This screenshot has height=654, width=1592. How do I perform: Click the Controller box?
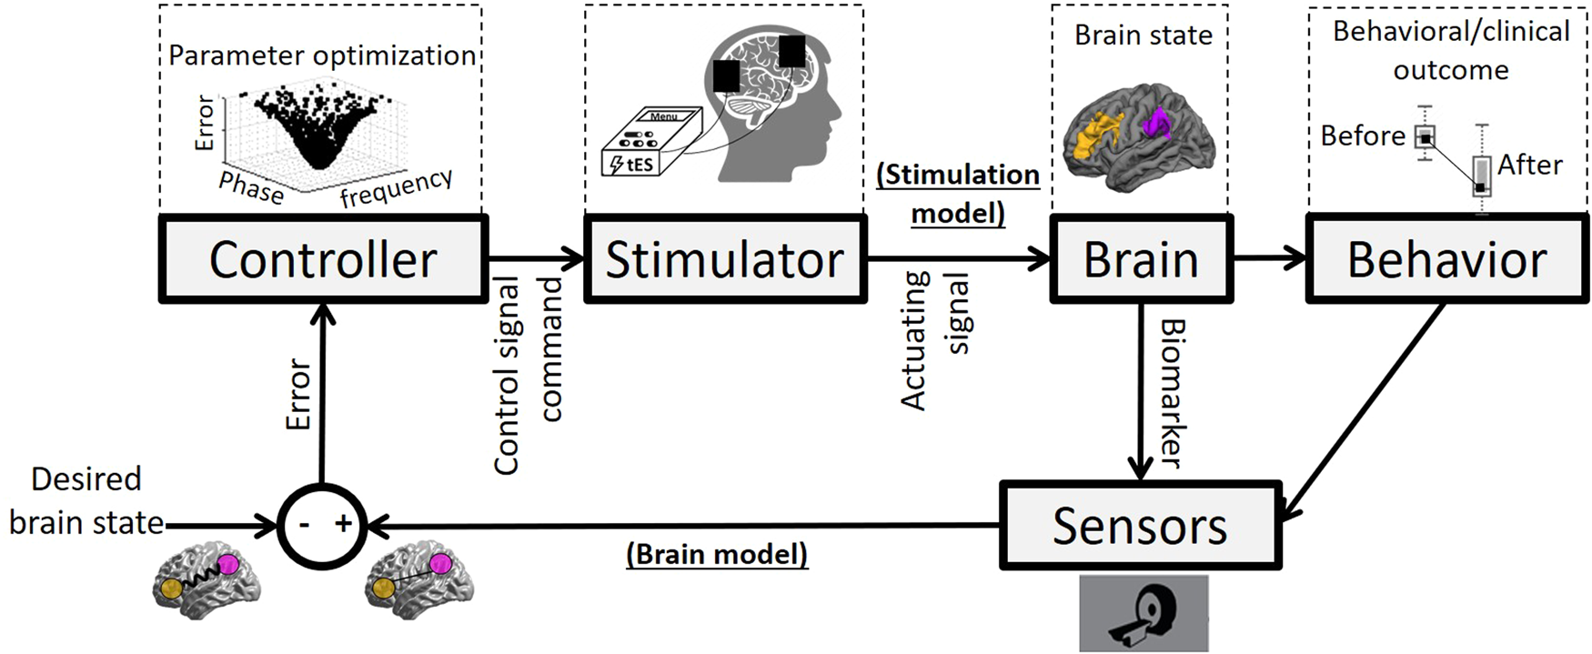(323, 259)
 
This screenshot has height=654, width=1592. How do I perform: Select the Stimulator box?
(725, 259)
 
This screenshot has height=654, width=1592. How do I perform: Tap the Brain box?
(1141, 259)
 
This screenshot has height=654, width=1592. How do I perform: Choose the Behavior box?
(1446, 259)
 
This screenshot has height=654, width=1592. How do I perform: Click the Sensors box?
(1140, 526)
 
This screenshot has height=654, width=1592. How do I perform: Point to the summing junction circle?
(321, 525)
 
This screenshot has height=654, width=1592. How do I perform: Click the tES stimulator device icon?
(651, 142)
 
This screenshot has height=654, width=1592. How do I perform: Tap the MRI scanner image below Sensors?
(1144, 614)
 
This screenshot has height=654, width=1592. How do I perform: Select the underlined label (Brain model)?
(717, 554)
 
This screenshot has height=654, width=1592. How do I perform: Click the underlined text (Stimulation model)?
(958, 193)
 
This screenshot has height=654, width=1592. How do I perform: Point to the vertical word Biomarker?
(1174, 393)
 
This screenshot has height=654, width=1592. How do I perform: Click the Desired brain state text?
(86, 500)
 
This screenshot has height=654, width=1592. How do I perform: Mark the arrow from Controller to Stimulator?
(535, 259)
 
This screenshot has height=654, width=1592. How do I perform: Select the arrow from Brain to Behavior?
(1268, 259)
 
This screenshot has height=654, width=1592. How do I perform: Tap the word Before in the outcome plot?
(1363, 136)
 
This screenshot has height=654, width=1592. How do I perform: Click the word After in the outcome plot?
(1530, 165)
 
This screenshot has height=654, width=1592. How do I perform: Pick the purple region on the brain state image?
(1158, 122)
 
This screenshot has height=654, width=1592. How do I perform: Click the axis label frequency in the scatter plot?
(396, 187)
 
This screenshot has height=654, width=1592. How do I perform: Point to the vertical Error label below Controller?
(298, 393)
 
